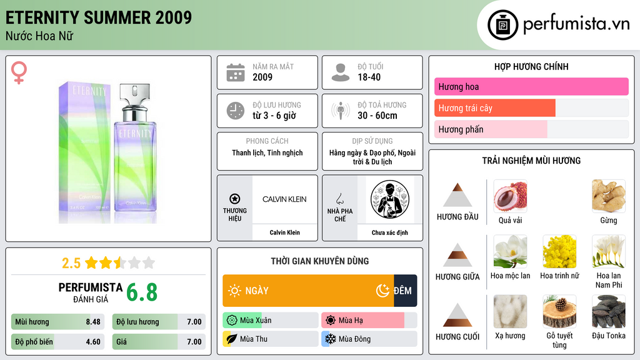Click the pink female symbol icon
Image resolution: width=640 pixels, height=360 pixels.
[x=19, y=72]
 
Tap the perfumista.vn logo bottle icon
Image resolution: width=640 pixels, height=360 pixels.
[x=502, y=25]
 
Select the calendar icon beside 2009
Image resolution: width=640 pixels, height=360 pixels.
[x=236, y=72]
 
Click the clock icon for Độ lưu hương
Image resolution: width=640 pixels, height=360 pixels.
[x=236, y=111]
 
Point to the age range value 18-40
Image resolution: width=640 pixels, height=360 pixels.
[x=369, y=77]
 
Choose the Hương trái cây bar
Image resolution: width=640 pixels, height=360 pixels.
[x=495, y=108]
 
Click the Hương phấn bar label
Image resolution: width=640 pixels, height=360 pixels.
[x=461, y=129]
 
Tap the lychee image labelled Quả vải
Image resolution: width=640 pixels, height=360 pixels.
[x=510, y=196]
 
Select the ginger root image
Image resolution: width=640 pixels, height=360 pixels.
[x=609, y=196]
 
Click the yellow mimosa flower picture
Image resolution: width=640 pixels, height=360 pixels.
[x=559, y=251]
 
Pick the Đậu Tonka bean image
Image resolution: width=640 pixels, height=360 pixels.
[x=609, y=311]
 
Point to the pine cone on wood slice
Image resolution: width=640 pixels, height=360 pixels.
[x=559, y=311]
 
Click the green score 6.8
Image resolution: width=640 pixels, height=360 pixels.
[x=142, y=292]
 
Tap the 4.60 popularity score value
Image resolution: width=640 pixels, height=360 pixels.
[x=93, y=342]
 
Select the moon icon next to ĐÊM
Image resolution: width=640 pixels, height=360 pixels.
[x=382, y=291]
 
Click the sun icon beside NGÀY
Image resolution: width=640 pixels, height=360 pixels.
[x=234, y=291]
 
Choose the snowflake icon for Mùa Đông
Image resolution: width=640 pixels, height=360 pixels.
[x=330, y=339]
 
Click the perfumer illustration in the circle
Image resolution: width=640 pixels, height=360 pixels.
[x=390, y=199]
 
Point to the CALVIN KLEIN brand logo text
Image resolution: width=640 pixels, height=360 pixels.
[x=284, y=199]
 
